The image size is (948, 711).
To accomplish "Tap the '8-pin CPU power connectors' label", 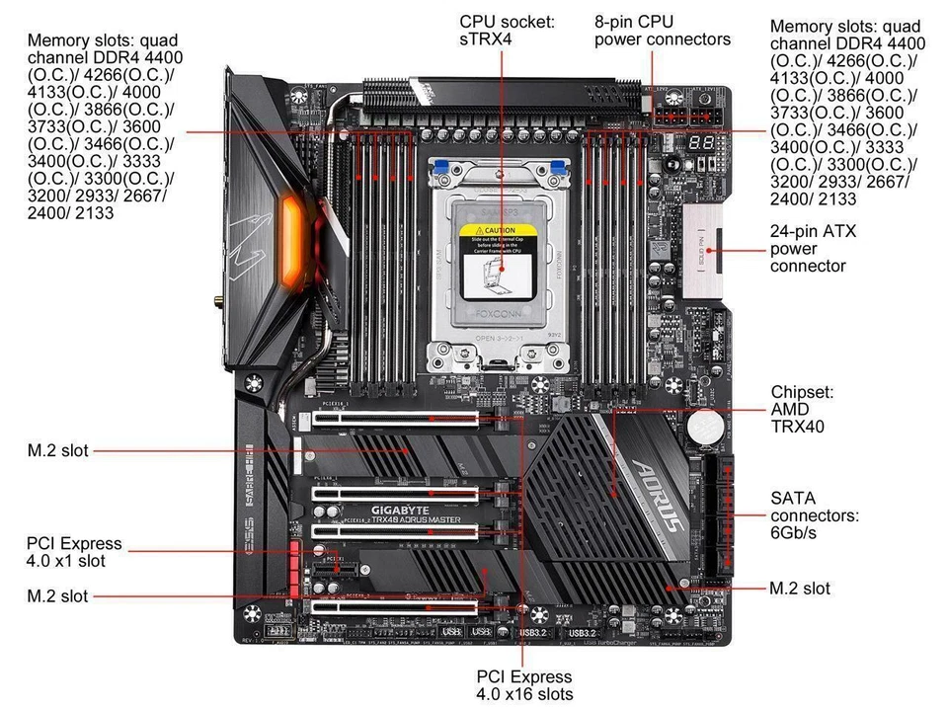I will [662, 30].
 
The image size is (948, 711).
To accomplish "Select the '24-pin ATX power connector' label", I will [814, 248].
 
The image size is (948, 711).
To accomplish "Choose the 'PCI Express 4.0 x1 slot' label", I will [75, 552].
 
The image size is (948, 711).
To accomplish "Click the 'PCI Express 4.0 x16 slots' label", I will [523, 685].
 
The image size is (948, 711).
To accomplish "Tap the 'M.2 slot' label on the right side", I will [799, 589].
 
